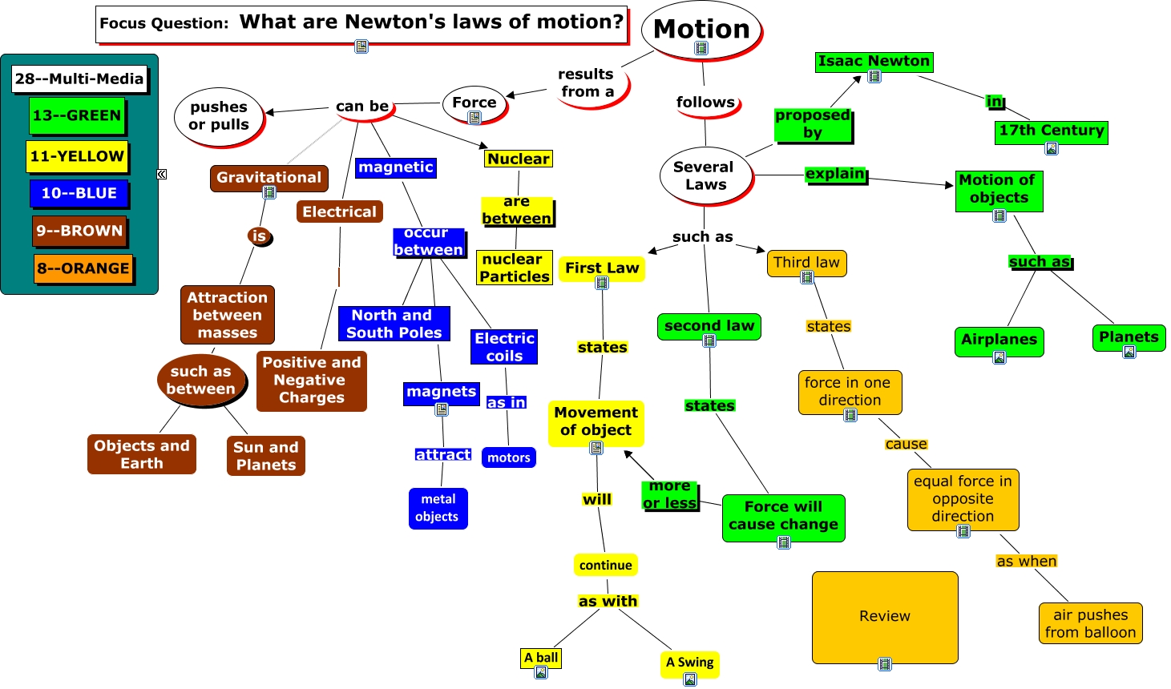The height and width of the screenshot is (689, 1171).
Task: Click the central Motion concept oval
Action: tap(701, 29)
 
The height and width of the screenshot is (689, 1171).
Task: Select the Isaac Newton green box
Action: tap(874, 61)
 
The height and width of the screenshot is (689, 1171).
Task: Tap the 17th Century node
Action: tap(1052, 131)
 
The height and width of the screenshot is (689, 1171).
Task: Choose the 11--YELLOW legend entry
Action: tap(77, 156)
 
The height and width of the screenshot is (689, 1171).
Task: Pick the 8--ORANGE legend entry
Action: tap(83, 268)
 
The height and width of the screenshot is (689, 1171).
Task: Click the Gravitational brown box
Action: tap(269, 177)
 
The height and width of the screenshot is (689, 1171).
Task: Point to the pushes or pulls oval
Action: tap(219, 116)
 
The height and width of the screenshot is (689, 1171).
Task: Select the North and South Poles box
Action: tap(394, 324)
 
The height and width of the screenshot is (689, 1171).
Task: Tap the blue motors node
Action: tap(509, 457)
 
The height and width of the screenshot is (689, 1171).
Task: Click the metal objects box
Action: tap(438, 508)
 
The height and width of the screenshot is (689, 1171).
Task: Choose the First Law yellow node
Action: tap(602, 268)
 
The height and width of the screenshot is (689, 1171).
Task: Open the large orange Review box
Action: tap(885, 615)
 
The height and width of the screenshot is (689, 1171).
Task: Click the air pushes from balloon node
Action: tap(1090, 623)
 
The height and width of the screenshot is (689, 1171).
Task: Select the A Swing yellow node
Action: tap(689, 663)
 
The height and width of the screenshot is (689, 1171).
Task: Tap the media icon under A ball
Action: tap(541, 673)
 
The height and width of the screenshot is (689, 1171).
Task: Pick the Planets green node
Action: tap(1129, 336)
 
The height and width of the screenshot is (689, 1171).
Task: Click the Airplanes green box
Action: tap(999, 339)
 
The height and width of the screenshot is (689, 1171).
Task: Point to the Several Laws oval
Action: tap(705, 175)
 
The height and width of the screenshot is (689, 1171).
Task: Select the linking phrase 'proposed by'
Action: tap(813, 124)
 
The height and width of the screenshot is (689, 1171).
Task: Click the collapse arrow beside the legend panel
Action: tap(162, 174)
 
